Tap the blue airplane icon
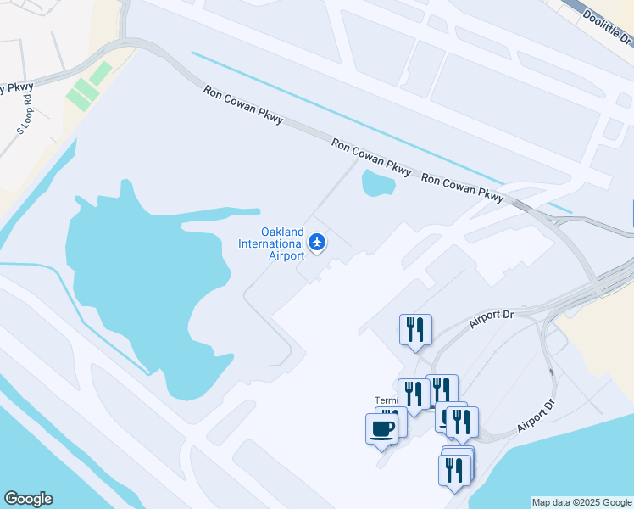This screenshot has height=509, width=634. (x=318, y=243)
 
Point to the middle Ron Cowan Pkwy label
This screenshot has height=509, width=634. (x=371, y=158)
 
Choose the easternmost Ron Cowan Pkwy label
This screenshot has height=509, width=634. (x=462, y=191)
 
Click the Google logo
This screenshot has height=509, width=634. (x=28, y=499)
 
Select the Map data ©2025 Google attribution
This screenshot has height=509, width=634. (x=582, y=502)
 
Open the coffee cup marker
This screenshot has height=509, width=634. (x=381, y=428)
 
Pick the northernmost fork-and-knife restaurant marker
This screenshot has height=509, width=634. (x=415, y=329)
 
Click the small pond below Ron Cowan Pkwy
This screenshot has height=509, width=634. (x=378, y=182)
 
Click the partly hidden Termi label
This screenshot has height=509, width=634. (x=386, y=400)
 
